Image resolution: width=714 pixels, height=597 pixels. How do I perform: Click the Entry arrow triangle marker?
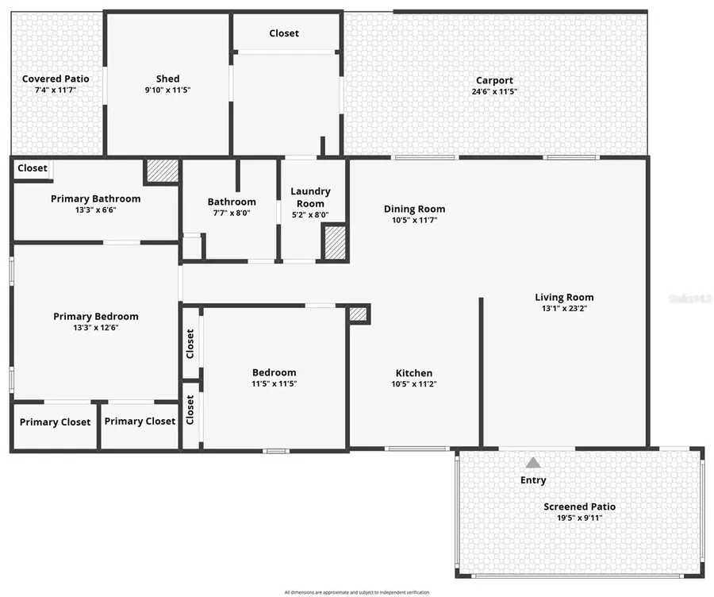click(x=533, y=462)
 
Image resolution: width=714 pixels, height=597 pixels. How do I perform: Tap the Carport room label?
click(x=494, y=80)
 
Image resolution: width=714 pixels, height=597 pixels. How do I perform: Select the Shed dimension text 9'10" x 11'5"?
click(x=167, y=91)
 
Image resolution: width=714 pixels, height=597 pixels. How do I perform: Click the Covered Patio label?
click(x=56, y=79)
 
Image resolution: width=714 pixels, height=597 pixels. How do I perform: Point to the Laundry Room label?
click(x=310, y=197)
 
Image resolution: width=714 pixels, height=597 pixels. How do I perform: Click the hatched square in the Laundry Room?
click(x=335, y=242)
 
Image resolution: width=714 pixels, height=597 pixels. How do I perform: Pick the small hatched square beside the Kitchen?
click(x=359, y=314)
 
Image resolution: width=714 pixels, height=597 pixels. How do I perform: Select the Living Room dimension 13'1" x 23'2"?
click(x=564, y=309)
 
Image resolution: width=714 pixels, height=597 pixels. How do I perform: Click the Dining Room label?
click(x=414, y=209)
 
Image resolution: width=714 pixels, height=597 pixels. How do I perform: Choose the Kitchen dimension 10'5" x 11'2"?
click(x=414, y=384)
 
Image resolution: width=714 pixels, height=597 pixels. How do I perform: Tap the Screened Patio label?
click(x=579, y=506)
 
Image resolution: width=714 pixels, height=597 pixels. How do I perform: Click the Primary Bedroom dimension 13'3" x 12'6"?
click(x=95, y=328)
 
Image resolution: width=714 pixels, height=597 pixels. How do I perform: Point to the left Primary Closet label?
click(x=56, y=422)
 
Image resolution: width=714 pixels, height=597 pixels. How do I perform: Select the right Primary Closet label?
click(x=140, y=422)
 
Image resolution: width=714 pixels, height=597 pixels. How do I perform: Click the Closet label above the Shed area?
click(x=284, y=33)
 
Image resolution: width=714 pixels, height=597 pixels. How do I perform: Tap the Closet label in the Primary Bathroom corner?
click(x=33, y=168)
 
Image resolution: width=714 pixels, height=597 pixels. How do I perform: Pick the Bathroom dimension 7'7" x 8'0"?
click(x=232, y=213)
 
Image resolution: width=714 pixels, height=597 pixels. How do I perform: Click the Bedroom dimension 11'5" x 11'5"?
click(x=274, y=383)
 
